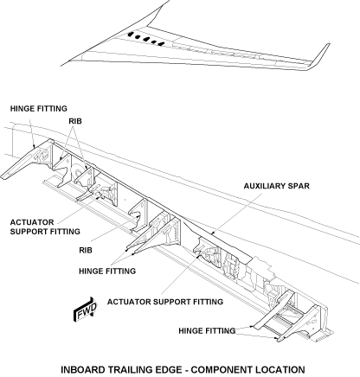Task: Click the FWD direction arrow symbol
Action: [x=85, y=310]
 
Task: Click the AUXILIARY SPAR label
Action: [x=276, y=186]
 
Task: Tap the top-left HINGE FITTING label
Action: [x=39, y=109]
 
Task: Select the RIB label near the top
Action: [x=75, y=121]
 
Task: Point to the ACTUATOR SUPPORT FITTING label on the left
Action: [x=45, y=227]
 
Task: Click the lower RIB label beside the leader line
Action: [x=86, y=250]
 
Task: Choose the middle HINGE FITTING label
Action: [x=107, y=272]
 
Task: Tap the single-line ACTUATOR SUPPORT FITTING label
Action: [x=165, y=302]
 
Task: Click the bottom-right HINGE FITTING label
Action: [x=207, y=330]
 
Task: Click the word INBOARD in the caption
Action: [x=83, y=369]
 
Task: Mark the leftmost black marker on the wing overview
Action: [x=132, y=35]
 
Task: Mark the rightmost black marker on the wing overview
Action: [x=161, y=44]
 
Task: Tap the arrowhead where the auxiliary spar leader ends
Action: [x=212, y=233]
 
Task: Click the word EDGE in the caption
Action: [x=171, y=369]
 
